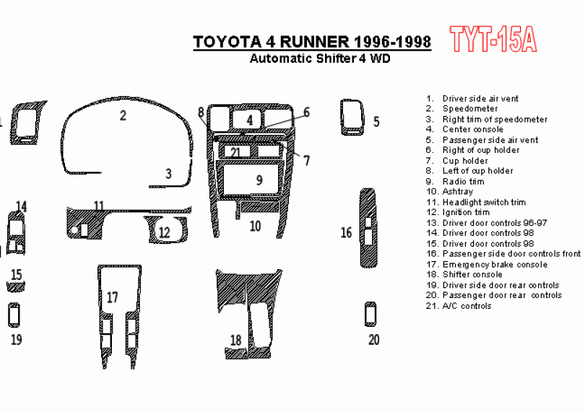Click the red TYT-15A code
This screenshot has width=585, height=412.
pos(493,39)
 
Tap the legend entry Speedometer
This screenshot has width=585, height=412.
pos(470,109)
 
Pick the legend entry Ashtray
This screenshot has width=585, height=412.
pos(458,192)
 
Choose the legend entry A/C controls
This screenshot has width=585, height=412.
pos(467,306)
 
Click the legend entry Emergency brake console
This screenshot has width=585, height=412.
pos(495,265)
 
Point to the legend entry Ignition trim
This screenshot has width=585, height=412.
pos(466,213)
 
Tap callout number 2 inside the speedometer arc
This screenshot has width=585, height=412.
pos(123,115)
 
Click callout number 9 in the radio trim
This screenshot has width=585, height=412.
pos(260,180)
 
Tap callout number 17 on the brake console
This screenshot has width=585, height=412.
pos(112,297)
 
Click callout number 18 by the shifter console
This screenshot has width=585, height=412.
pos(235,341)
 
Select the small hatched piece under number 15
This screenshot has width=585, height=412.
pos(16,287)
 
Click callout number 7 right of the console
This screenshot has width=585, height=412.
pos(307,161)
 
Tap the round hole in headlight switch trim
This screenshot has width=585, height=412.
pos(74,230)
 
